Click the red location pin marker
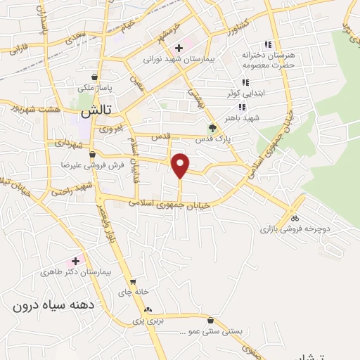click(x=181, y=165)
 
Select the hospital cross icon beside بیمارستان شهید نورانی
click(x=179, y=48)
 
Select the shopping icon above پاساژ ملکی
click(x=94, y=77)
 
